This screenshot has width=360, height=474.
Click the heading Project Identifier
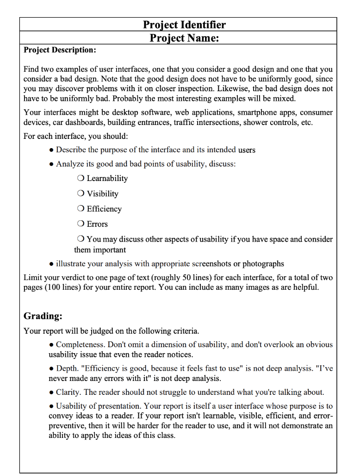pos(184,25)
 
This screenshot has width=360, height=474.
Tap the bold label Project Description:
pos(60,50)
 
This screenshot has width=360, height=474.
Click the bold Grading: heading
pos(43,316)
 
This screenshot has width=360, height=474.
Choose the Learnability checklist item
pos(107,178)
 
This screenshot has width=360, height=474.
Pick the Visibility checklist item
pos(102,193)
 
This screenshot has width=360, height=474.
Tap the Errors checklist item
pos(97,224)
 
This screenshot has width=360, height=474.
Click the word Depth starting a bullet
pos(67,368)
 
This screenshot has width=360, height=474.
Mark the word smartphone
pos(257,112)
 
